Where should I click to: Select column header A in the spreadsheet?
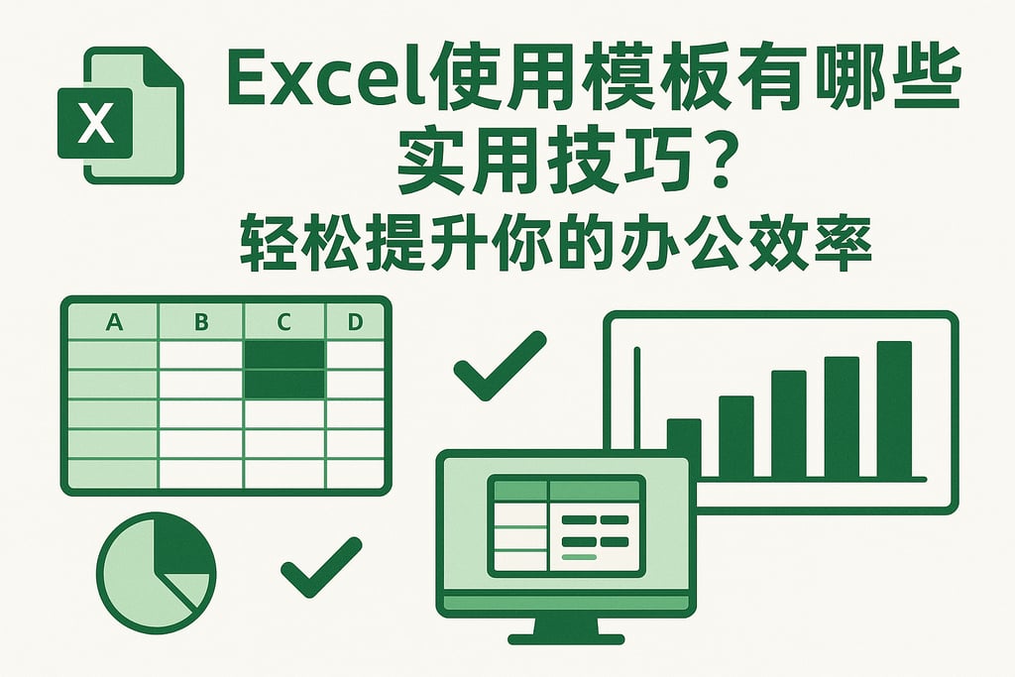pos(113,322)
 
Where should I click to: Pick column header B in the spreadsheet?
pos(201,322)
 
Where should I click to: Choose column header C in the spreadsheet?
pos(284,322)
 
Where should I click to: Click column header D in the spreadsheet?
pos(355,322)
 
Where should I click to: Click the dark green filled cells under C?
pos(284,369)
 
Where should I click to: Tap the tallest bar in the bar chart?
pos(893,408)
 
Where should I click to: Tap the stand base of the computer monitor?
pos(565,637)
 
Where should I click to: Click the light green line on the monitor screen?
pos(579,558)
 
